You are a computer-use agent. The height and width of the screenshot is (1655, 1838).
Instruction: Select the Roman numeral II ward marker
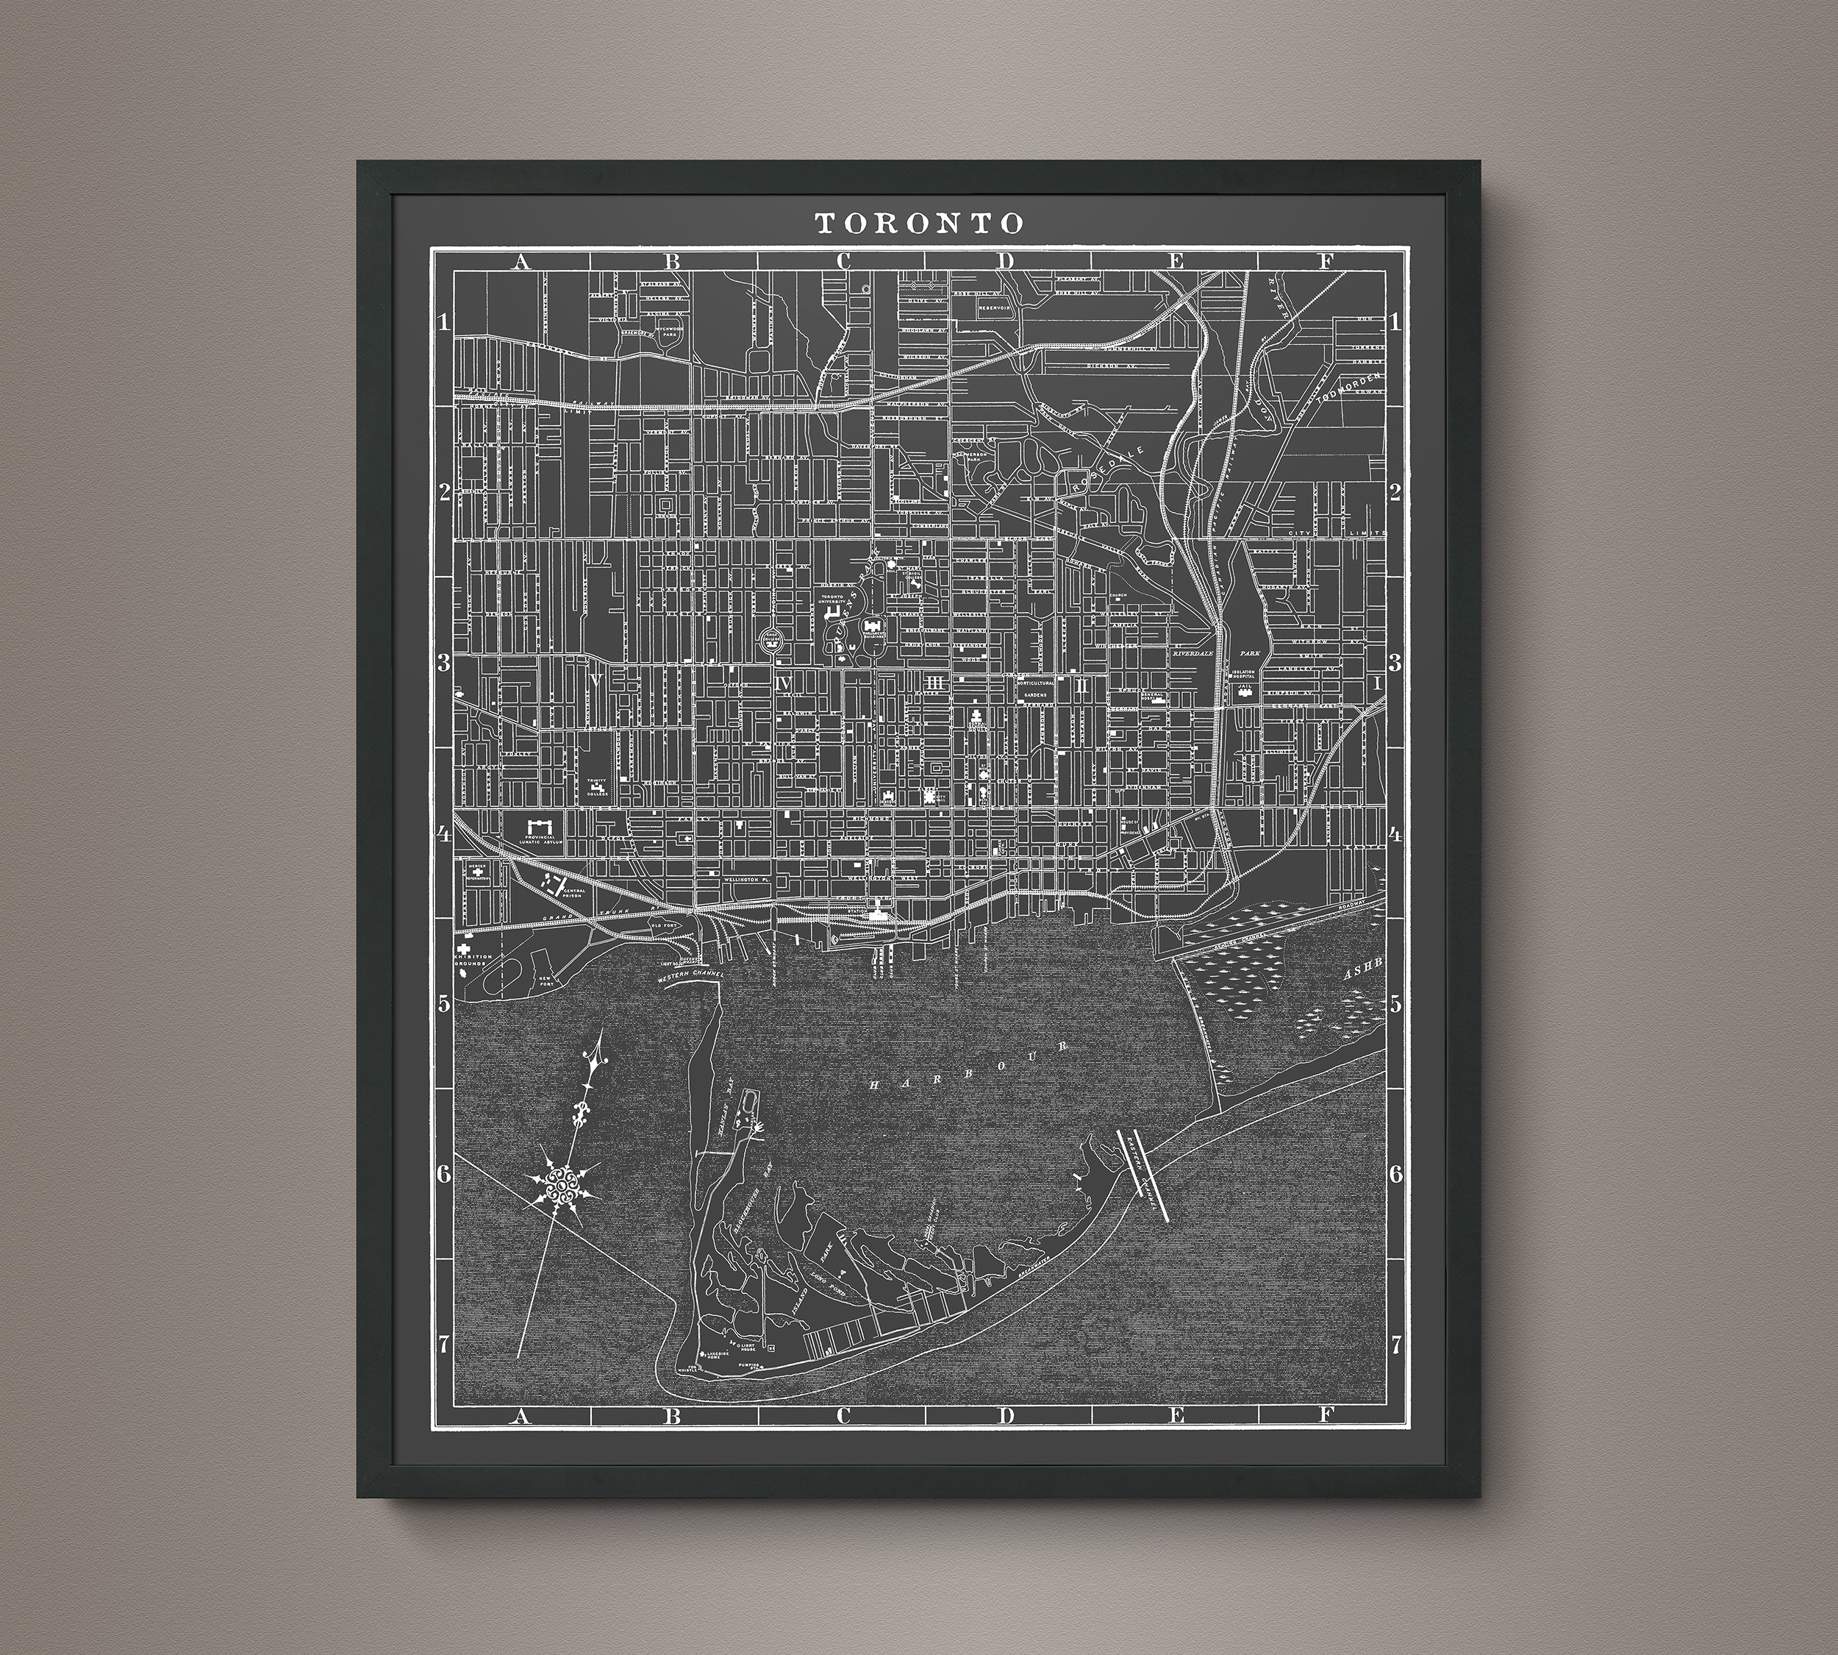(1081, 684)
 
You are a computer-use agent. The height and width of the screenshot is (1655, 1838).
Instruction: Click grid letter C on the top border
(843, 262)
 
